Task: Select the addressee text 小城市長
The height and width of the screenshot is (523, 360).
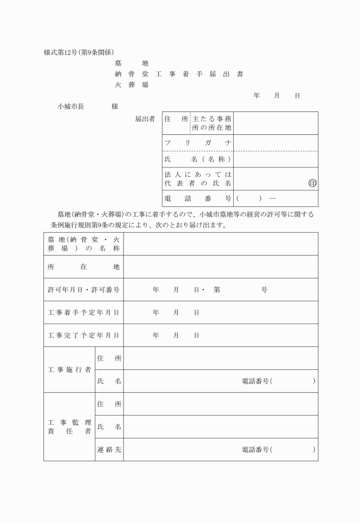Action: tap(71, 106)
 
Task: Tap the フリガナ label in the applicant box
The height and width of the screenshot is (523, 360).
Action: tap(198, 142)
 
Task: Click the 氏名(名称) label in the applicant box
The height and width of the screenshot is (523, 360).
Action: tap(198, 159)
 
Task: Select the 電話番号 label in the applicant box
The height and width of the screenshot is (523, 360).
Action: tap(198, 198)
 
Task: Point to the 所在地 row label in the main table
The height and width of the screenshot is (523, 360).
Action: tap(83, 266)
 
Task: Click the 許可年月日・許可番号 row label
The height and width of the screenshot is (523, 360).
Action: tap(83, 290)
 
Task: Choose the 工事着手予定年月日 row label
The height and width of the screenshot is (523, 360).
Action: tap(83, 313)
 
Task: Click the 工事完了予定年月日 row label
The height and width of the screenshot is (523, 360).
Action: tap(83, 336)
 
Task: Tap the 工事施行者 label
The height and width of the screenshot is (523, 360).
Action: tap(69, 370)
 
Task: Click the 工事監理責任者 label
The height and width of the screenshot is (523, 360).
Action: tap(69, 427)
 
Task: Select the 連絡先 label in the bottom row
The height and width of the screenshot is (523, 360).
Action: tap(109, 450)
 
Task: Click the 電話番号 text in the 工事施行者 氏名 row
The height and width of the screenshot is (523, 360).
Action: tap(255, 381)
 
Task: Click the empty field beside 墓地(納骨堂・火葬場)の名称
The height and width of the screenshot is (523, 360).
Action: tap(221, 243)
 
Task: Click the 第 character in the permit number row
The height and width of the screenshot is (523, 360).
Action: tap(217, 290)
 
